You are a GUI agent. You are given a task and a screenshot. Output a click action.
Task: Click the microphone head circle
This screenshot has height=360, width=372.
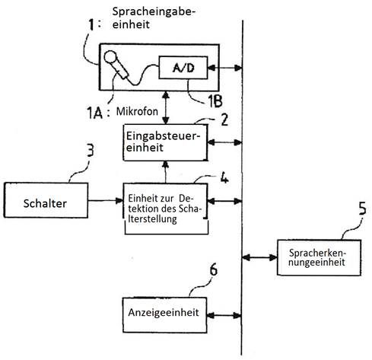point(110,57)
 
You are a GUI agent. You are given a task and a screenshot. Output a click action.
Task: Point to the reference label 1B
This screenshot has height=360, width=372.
point(215,101)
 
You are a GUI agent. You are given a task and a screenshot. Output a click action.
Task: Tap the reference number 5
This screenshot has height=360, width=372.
point(363,209)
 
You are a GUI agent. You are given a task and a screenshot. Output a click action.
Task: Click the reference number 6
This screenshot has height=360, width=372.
point(214,269)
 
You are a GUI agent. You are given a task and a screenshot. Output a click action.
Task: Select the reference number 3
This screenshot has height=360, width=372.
point(90,150)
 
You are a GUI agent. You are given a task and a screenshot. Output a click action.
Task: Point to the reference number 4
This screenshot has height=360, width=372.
point(224,177)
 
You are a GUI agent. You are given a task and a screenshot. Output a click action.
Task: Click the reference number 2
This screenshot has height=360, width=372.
point(224,119)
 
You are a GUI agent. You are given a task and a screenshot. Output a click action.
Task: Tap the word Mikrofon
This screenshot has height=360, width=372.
point(137,111)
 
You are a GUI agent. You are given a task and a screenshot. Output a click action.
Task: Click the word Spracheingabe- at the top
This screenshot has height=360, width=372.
point(154,11)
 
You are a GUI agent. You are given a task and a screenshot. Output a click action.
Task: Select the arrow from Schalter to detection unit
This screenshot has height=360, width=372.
point(106,201)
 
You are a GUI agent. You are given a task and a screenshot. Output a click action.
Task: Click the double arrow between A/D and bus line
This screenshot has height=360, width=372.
point(224,68)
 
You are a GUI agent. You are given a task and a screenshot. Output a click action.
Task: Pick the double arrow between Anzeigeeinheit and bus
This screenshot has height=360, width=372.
point(224,316)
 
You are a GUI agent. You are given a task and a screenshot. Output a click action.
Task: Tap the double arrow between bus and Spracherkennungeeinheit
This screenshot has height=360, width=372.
point(259,257)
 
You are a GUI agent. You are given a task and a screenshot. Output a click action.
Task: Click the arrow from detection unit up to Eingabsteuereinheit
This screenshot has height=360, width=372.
point(166,172)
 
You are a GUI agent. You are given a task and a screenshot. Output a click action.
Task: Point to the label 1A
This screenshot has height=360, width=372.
point(94,113)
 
